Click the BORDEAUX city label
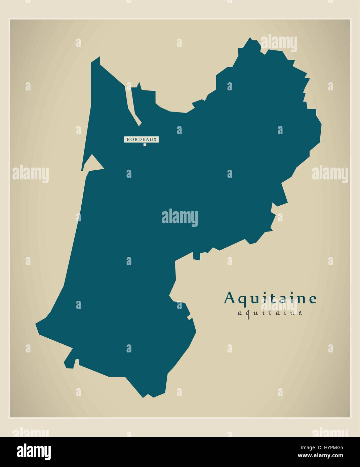tap(142, 139)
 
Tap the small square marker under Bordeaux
tap(145, 145)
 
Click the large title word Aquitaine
tap(270, 298)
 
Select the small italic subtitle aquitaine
tap(270, 313)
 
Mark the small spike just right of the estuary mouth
tap(139, 85)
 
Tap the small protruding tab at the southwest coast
tap(70, 362)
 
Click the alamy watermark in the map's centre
tap(180, 217)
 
